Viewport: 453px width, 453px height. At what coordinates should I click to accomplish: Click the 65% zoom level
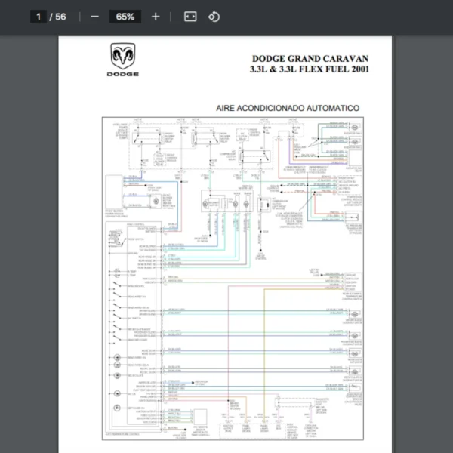(125, 17)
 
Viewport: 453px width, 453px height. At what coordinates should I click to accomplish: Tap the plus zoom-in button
(156, 17)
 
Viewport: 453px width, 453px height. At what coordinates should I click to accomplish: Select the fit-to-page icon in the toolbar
(190, 17)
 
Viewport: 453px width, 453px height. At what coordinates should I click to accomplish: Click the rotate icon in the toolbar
(214, 17)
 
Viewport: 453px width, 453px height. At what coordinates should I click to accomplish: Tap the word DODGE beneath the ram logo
(122, 74)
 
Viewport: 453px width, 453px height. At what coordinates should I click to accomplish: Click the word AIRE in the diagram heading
(227, 109)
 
